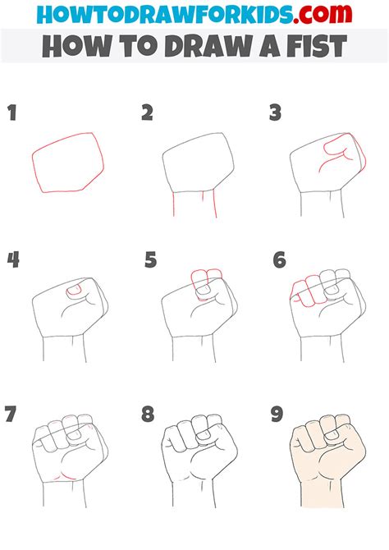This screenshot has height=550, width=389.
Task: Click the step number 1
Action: coord(12,112)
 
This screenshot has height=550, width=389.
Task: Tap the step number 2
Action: coord(148,112)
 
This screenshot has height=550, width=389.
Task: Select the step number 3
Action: coord(276,112)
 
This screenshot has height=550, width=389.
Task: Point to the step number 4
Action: coord(13,260)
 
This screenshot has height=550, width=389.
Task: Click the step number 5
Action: coord(150,260)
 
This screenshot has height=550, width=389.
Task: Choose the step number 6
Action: coord(280,260)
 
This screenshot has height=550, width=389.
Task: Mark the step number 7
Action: coord(11,414)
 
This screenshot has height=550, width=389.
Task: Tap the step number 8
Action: coord(148,414)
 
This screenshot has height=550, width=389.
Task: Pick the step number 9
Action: coord(277,414)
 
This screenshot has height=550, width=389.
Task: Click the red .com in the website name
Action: coord(323,15)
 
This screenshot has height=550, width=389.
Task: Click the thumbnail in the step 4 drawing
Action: coord(74,290)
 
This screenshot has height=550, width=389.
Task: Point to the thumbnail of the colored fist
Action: coord(332,436)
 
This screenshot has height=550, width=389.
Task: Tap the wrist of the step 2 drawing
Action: coord(194,204)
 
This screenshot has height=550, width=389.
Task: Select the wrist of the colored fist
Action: coord(323,494)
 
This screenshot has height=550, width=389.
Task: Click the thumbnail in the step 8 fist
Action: coord(203,436)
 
